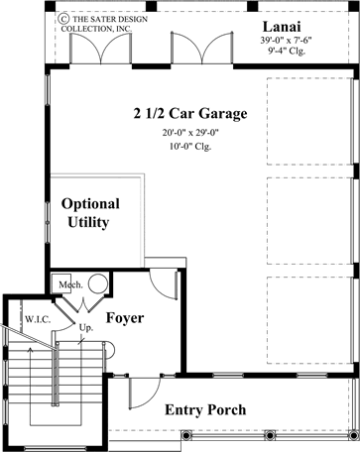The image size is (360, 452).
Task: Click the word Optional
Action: (90, 203)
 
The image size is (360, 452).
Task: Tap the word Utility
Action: (88, 223)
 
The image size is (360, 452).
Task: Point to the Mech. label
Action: (68, 257)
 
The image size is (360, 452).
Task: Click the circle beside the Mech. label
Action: (98, 257)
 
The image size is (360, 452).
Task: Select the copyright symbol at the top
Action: (63, 17)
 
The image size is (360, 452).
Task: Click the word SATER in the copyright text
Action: (103, 18)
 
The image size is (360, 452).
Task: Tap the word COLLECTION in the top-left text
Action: (87, 30)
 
